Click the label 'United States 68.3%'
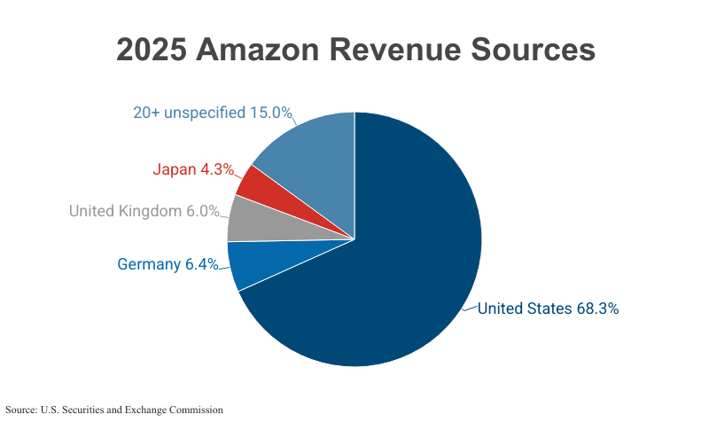tap(548, 309)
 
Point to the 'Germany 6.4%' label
tap(168, 264)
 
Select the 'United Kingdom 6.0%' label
tap(144, 211)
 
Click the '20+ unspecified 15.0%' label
tap(212, 113)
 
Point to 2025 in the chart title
tap(151, 50)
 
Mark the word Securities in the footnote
tap(79, 410)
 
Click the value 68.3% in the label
tap(596, 309)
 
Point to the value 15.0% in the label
tap(270, 113)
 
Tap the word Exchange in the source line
tap(140, 410)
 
